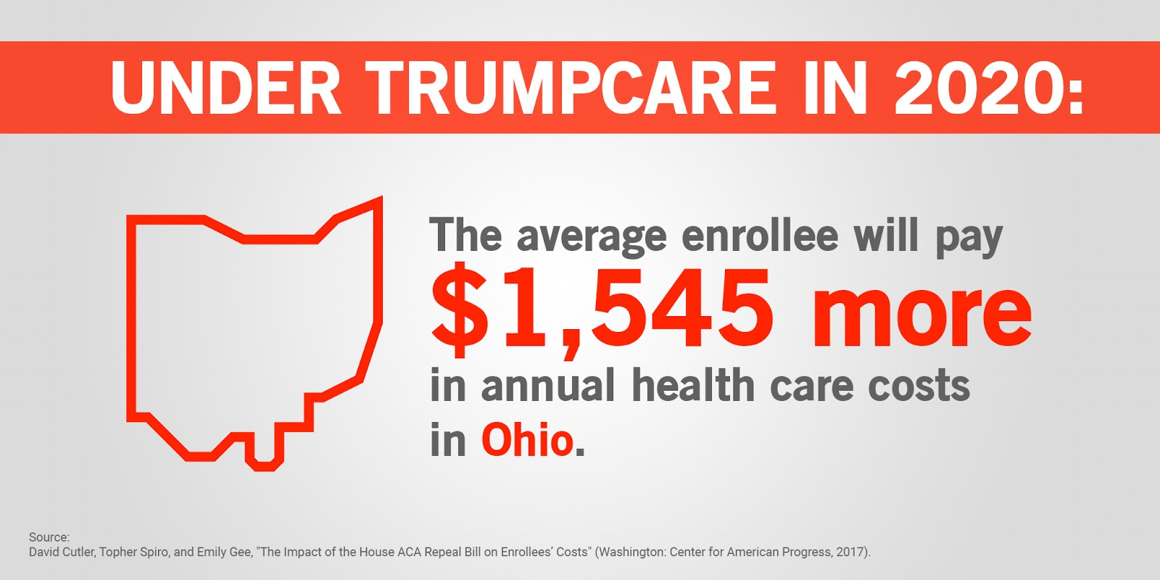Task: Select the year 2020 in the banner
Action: point(979,88)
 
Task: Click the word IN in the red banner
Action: point(834,88)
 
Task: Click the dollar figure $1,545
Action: point(602,308)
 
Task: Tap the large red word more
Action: point(921,311)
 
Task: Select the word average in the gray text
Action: point(592,236)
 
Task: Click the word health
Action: point(693,384)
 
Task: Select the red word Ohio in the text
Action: point(528,440)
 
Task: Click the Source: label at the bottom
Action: point(49,537)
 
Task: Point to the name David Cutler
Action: point(62,552)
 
